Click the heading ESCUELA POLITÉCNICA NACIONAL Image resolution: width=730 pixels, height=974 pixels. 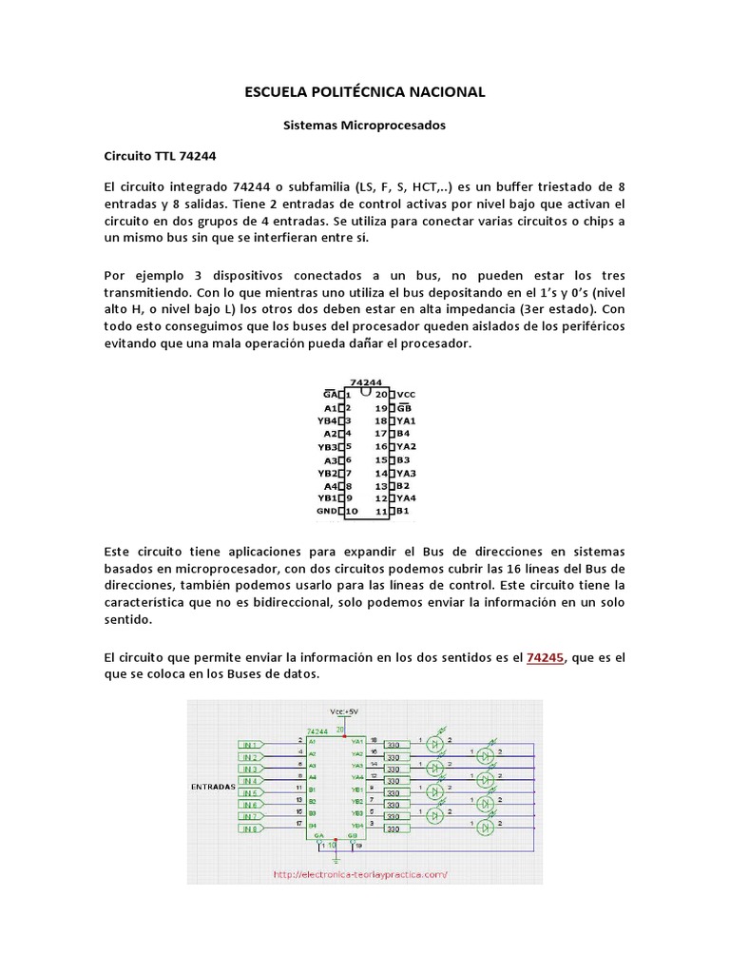pos(365,92)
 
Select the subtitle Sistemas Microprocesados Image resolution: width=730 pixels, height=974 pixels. pos(365,125)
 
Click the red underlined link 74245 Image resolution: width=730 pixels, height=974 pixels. pos(546,657)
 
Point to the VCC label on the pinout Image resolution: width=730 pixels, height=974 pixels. pos(407,394)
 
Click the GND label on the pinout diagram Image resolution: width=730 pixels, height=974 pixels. pos(328,511)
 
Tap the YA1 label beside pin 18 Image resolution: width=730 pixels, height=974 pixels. pos(407,419)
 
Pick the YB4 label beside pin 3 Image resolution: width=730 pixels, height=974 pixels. pos(328,419)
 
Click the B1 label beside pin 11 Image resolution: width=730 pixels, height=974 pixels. pos(403,511)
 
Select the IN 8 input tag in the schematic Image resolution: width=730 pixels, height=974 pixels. pos(251,828)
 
